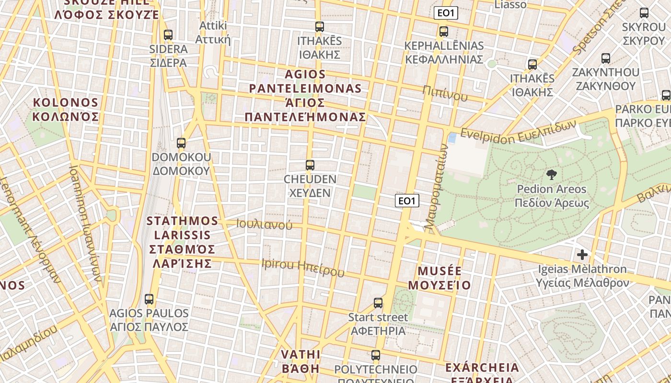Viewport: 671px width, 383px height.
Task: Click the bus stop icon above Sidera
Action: tap(168, 35)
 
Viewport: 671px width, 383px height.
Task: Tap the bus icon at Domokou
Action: tap(181, 143)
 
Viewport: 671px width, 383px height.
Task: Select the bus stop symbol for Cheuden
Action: tap(310, 165)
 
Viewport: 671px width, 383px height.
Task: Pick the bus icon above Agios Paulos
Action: tap(149, 299)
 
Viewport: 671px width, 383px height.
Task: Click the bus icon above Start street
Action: tap(378, 303)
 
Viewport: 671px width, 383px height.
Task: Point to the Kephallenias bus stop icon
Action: tap(444, 32)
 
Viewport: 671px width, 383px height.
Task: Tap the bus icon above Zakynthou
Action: tap(606, 58)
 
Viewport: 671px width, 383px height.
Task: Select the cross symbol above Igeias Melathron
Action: tap(582, 255)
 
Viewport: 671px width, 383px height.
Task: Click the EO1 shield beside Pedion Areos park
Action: tap(407, 201)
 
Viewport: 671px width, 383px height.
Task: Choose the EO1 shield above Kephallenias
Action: tap(446, 13)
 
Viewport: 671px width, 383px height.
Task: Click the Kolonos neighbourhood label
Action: tap(66, 110)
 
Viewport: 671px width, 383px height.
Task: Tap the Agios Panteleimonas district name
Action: tap(305, 96)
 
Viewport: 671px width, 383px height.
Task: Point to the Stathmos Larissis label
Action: tap(183, 242)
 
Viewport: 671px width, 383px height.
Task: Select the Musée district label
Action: tap(440, 278)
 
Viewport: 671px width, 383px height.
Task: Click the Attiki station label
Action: tap(214, 32)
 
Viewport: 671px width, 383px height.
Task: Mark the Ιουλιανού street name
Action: tap(264, 224)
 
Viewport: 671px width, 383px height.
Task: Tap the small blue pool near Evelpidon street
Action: tap(452, 138)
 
